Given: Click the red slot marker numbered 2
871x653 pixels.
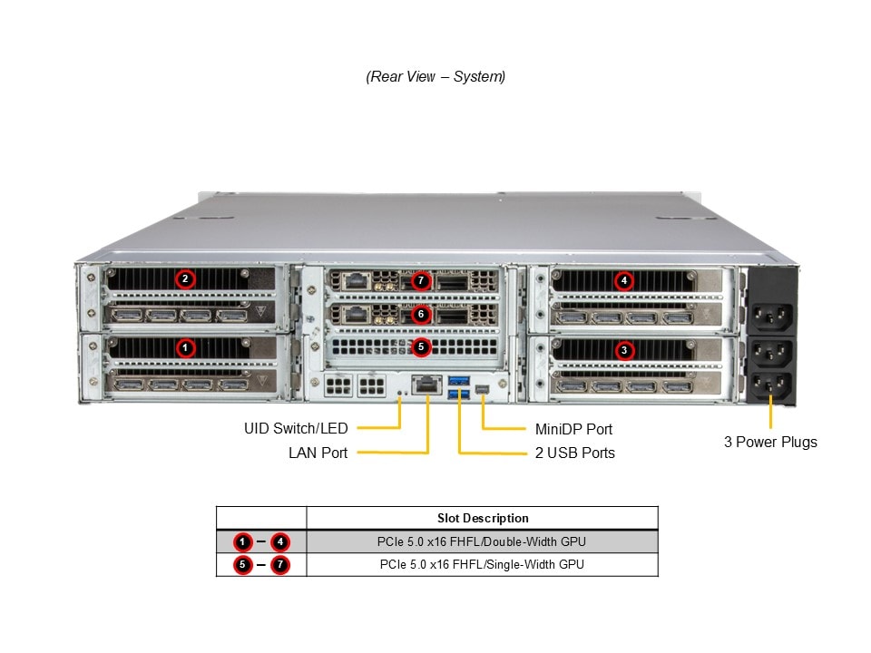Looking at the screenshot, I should [x=185, y=279].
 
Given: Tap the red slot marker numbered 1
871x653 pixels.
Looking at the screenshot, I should [x=185, y=347].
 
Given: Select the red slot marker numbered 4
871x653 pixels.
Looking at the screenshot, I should [x=623, y=281].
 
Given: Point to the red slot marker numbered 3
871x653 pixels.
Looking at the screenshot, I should [x=623, y=349].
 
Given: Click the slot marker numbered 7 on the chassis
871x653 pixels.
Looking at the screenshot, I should [x=420, y=281].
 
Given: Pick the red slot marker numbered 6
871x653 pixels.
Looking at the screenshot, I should [x=420, y=315].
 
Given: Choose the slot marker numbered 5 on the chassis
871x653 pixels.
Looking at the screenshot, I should [x=420, y=346].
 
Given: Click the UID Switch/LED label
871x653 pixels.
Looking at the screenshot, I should [x=296, y=428].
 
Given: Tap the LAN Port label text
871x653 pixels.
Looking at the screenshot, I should [x=318, y=453].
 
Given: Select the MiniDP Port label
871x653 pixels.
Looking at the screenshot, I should [x=573, y=429].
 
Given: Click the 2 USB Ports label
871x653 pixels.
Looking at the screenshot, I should [x=574, y=453].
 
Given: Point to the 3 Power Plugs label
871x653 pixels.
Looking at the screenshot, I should [x=770, y=443].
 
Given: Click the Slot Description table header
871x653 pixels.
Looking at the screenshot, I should [x=482, y=519].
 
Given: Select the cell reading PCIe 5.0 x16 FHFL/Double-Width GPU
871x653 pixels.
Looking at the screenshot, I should [x=482, y=542].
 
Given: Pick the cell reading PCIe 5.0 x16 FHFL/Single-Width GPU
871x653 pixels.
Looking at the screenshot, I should [x=482, y=564].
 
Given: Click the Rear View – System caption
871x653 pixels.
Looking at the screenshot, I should [x=435, y=77].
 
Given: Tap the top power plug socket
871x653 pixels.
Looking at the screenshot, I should [x=770, y=316].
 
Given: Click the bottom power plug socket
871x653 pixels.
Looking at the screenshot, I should [x=770, y=385].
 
